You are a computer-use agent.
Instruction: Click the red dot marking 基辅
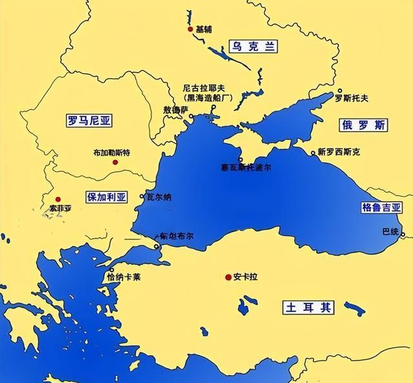[190, 29]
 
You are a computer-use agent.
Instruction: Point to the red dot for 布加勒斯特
[115, 162]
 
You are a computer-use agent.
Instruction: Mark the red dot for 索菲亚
[58, 199]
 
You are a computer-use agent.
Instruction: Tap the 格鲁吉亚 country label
[381, 208]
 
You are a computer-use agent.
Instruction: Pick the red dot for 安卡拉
[228, 277]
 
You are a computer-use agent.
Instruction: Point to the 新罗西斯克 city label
[339, 153]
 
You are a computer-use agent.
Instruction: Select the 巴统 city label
[391, 231]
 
